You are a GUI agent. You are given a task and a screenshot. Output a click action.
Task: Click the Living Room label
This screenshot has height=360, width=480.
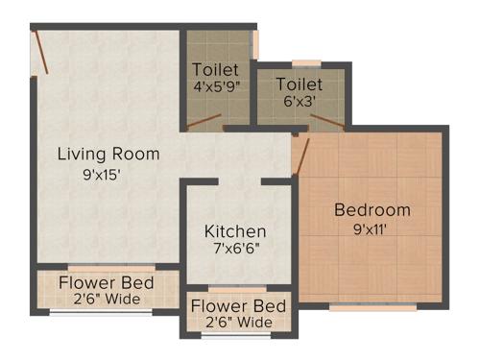pyautogui.click(x=108, y=154)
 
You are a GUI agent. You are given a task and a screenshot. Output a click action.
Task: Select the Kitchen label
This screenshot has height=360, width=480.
pyautogui.click(x=235, y=231)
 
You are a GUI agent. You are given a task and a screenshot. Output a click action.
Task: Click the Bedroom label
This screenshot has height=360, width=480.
pyautogui.click(x=372, y=210)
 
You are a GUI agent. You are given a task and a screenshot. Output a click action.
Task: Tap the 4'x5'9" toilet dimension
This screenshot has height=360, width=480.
pyautogui.click(x=216, y=85)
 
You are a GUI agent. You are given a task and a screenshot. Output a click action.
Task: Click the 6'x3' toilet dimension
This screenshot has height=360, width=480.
pyautogui.click(x=299, y=101)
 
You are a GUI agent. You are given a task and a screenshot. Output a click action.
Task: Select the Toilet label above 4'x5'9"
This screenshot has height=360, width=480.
pyautogui.click(x=216, y=69)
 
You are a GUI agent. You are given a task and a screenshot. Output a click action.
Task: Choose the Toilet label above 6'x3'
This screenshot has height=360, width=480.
pyautogui.click(x=299, y=84)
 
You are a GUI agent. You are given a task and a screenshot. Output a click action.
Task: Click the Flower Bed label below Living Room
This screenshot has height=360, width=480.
pyautogui.click(x=106, y=283)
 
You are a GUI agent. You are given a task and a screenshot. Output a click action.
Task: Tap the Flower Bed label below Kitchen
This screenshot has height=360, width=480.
pyautogui.click(x=238, y=307)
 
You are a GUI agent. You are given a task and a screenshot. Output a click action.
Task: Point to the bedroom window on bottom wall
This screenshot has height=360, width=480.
pyautogui.click(x=372, y=308)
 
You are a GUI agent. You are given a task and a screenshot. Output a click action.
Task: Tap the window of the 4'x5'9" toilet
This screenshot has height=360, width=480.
pyautogui.click(x=255, y=44)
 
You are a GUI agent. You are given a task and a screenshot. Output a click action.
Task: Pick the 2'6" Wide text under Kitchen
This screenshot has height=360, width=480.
pyautogui.click(x=238, y=323)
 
